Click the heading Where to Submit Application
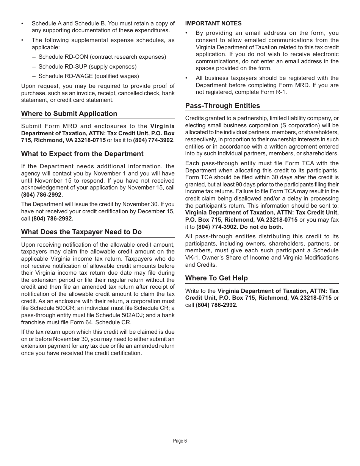[69, 114]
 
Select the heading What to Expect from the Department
[82, 154]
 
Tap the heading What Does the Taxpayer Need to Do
[81, 232]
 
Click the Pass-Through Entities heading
[222, 106]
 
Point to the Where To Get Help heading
[216, 278]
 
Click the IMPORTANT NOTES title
[213, 23]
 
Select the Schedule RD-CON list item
[102, 57]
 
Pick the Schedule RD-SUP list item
[87, 67]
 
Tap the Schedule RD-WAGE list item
[88, 76]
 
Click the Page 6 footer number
[180, 441]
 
